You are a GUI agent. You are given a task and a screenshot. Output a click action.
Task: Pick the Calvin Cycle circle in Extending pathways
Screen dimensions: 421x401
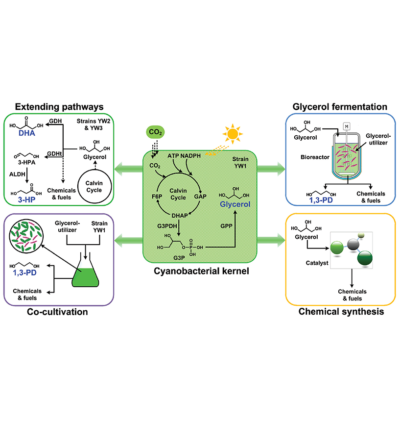(x=97, y=182)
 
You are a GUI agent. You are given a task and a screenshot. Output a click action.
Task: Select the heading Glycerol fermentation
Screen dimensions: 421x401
(x=340, y=106)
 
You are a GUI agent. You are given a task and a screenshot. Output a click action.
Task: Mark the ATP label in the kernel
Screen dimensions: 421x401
(x=175, y=155)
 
